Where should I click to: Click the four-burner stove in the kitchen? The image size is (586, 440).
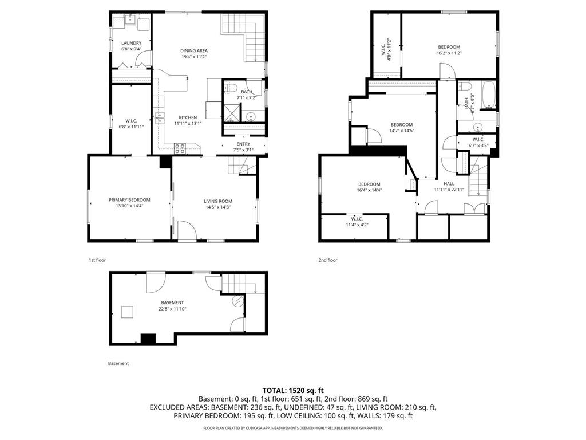[180, 148]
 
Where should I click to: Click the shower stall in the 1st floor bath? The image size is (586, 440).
[232, 112]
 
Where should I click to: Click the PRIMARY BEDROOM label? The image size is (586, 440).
[129, 200]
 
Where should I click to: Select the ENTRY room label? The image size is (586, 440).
[243, 144]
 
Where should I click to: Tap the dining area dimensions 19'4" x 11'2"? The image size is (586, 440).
[194, 57]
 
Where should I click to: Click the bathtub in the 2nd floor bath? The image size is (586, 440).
[488, 95]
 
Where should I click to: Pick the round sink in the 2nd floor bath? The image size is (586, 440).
[477, 127]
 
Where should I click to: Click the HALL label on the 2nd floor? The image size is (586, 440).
[449, 183]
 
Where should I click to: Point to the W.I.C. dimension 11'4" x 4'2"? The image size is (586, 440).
[357, 225]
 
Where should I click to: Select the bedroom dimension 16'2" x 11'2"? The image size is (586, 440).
[449, 53]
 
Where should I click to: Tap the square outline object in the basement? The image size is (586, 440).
[127, 312]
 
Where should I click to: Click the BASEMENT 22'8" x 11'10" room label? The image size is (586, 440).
[172, 305]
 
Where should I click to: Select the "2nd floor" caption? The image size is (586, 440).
[328, 260]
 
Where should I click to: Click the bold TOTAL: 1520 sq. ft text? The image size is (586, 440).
[293, 390]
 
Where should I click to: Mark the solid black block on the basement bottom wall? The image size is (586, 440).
[148, 339]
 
